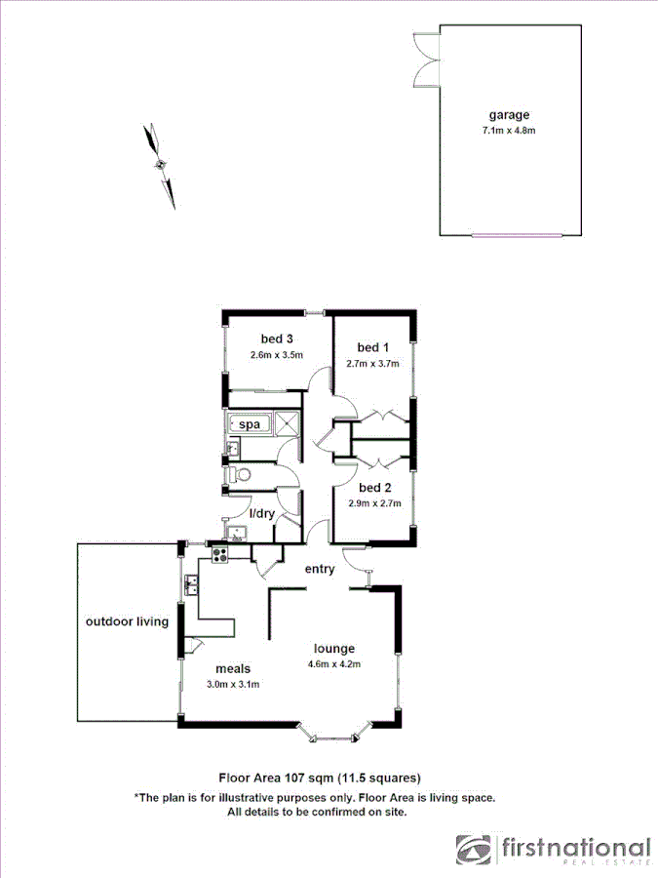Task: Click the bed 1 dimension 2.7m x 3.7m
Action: click(x=372, y=363)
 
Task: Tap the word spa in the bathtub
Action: click(x=251, y=424)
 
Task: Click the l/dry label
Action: click(x=262, y=513)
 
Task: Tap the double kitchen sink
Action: click(x=192, y=585)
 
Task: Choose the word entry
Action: click(x=320, y=569)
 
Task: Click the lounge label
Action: click(x=333, y=648)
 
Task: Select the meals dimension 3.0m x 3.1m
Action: click(x=232, y=684)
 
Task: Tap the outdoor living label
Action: click(x=127, y=621)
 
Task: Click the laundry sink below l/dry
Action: click(x=235, y=532)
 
